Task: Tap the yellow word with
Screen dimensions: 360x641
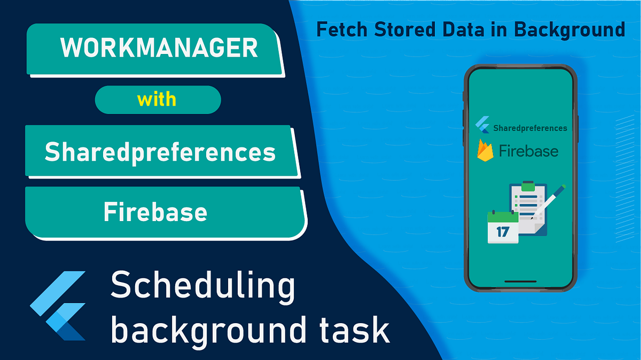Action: coord(157,99)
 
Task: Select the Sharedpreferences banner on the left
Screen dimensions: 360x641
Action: coord(160,152)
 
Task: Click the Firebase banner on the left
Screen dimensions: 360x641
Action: coord(155,212)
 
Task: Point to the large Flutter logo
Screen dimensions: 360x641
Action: coord(59,306)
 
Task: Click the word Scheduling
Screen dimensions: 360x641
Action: coord(202,286)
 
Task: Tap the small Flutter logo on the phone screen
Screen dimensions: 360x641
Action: coord(483,127)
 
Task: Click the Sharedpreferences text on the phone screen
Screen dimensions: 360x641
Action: coord(530,128)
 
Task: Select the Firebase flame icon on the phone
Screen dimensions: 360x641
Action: coord(484,151)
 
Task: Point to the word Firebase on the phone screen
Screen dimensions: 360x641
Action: coord(528,151)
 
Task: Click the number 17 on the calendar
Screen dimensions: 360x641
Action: coord(502,231)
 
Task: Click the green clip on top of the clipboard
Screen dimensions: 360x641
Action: coord(528,186)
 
